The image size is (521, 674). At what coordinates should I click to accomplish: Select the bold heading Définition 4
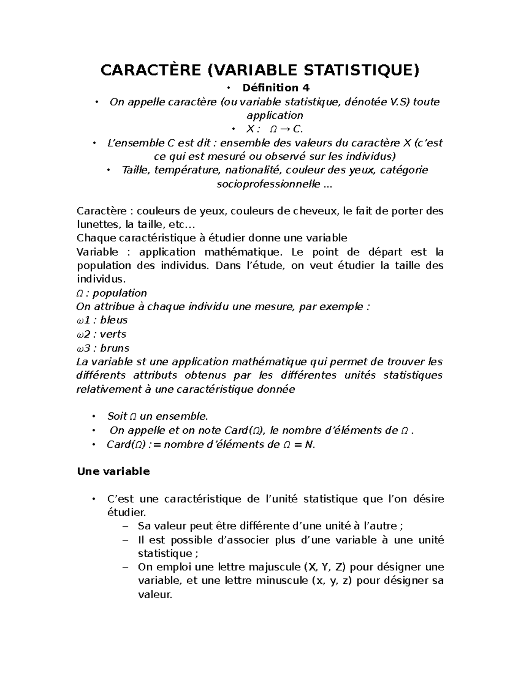(x=276, y=88)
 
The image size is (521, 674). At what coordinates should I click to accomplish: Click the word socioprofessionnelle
(x=267, y=184)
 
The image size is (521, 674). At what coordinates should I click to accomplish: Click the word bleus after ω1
(x=114, y=320)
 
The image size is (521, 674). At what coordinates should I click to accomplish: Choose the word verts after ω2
(x=113, y=334)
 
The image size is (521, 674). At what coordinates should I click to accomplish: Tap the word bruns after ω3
(x=115, y=348)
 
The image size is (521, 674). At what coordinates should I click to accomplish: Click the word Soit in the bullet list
(x=117, y=417)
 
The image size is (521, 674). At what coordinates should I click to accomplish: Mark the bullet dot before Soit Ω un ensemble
(x=93, y=417)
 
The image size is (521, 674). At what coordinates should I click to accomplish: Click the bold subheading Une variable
(x=113, y=472)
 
